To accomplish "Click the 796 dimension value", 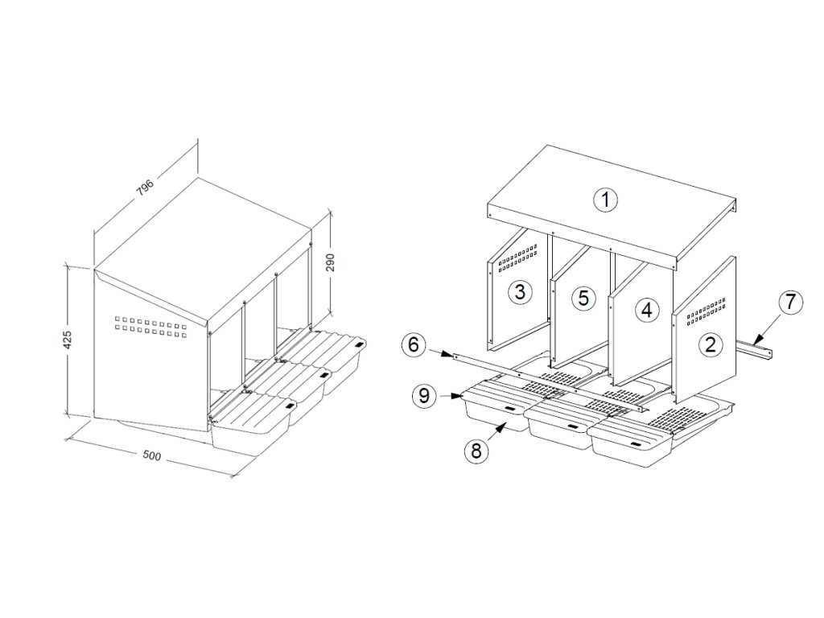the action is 145,188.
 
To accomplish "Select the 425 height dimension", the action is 67,340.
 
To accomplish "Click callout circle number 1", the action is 605,200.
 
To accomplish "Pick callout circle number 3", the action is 520,291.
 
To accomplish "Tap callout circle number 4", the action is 646,310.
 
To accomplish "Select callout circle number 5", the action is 583,298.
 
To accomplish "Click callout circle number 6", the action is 414,346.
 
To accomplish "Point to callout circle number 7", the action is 790,303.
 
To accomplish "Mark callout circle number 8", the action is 476,451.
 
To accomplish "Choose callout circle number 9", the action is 425,395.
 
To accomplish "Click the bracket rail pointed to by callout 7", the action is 756,348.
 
